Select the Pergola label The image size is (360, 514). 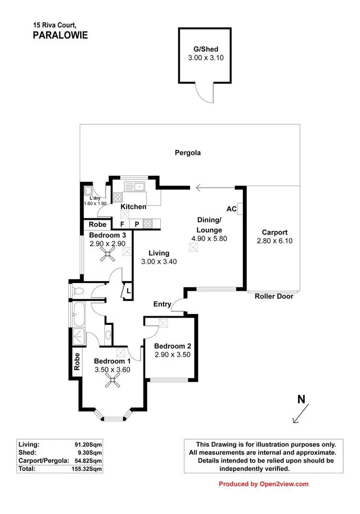[187, 153]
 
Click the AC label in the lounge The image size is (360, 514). [231, 209]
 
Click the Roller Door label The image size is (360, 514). [274, 296]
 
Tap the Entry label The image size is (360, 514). [162, 304]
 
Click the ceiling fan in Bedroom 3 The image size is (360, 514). [108, 257]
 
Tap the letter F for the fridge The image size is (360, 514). [122, 224]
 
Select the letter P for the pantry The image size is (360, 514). [136, 224]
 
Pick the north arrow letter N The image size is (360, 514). [301, 399]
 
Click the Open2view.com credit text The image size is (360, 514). [264, 484]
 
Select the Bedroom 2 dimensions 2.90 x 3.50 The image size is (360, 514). [173, 355]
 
